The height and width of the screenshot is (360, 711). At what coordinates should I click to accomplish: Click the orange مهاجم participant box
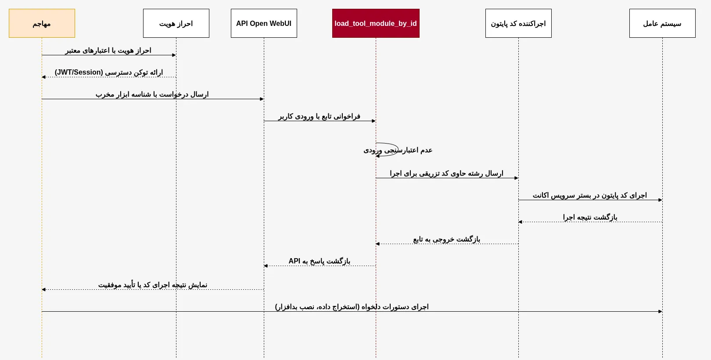coord(42,23)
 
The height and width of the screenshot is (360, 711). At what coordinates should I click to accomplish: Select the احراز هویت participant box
coord(176,23)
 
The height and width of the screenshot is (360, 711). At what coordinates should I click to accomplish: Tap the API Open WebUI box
coord(264,23)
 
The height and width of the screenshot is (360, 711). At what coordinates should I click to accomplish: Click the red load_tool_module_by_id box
coord(376,23)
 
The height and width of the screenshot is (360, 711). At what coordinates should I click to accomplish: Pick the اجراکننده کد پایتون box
coord(518,23)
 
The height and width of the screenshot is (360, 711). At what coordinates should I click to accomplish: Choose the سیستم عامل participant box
coord(662,23)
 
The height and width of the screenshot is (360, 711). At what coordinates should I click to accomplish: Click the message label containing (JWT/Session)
coord(109,72)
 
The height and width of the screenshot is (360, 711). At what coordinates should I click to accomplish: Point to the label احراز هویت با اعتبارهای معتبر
coord(108,50)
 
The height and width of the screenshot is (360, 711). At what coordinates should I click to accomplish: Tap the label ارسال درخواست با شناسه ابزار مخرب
coord(152,94)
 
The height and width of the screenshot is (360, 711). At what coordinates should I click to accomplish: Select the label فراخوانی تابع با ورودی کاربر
coord(320,116)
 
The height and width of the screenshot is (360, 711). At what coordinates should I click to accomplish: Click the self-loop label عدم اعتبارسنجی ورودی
coord(398,150)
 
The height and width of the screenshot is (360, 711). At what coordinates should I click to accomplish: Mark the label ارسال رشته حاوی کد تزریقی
coord(447,173)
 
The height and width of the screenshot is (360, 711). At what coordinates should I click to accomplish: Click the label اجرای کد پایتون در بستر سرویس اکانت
coord(590,195)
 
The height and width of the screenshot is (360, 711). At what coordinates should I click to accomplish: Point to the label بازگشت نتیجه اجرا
coord(590,217)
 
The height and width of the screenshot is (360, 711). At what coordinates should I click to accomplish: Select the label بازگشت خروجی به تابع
coord(447,239)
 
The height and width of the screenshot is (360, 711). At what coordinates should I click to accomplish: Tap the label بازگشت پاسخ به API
coord(320,261)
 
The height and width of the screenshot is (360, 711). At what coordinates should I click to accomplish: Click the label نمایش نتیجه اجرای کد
coord(153,285)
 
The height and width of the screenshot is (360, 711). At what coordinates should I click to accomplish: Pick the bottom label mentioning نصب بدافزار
coord(352,307)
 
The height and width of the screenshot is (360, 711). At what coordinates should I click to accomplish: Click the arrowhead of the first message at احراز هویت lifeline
coord(174,55)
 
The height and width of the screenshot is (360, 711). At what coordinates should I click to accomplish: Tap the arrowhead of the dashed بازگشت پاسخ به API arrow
coord(266,266)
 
